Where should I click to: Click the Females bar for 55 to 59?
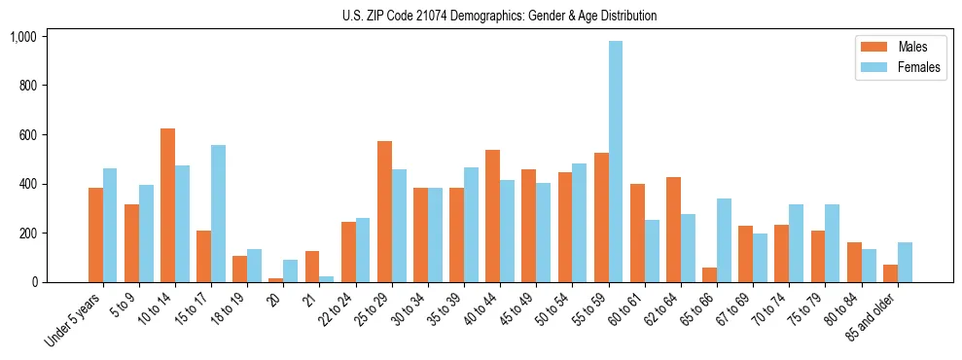click(x=616, y=162)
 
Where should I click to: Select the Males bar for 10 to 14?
click(x=167, y=205)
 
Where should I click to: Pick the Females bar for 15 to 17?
click(x=218, y=214)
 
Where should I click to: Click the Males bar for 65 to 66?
click(x=709, y=274)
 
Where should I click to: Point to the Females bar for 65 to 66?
click(x=724, y=240)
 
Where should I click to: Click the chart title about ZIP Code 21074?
click(x=499, y=16)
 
